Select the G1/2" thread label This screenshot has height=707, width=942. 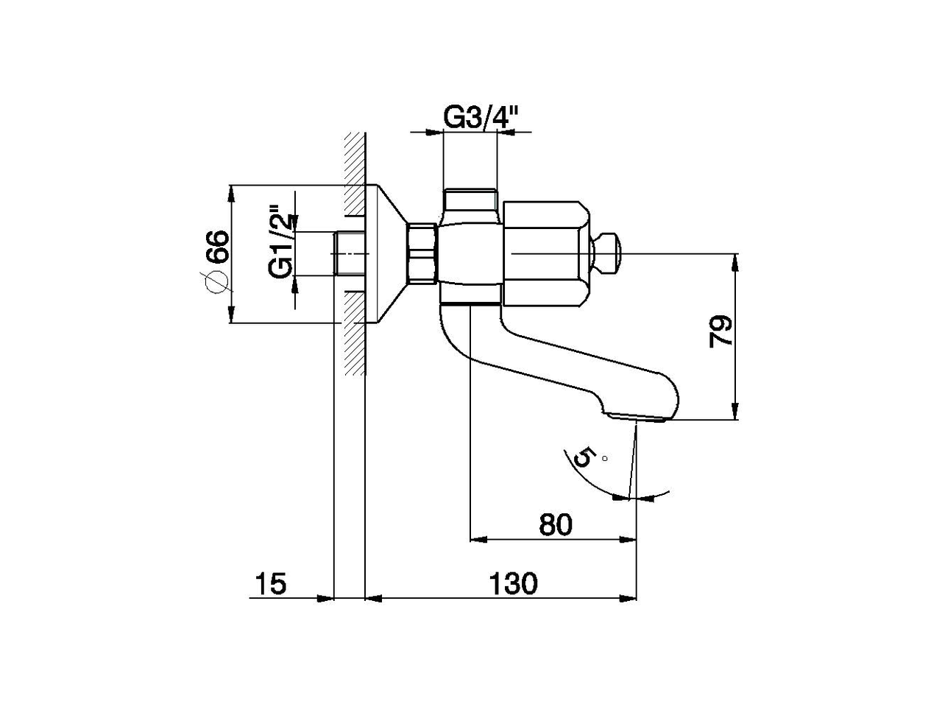(280, 241)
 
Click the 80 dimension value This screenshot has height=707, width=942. (556, 524)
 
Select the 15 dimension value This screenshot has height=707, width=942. (271, 583)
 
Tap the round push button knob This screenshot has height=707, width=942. (609, 253)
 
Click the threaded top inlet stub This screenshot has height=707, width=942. (471, 200)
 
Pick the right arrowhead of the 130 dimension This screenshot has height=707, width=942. (629, 598)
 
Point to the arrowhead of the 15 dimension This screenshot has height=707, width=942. (327, 598)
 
